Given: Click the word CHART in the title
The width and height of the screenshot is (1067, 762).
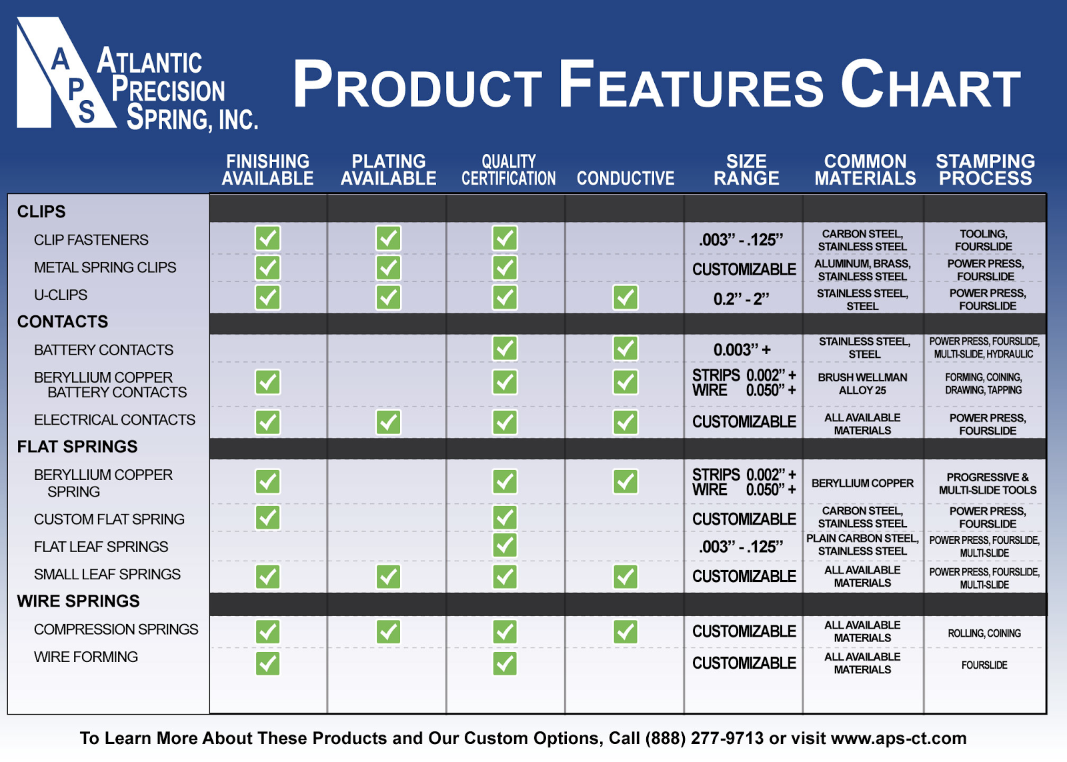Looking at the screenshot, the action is coord(930,84).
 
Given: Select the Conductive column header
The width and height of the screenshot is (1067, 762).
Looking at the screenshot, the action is coord(626,178).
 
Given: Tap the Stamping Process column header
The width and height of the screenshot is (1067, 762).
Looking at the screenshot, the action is coord(985,169).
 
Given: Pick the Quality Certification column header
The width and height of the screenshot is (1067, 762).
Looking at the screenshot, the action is coord(508,169).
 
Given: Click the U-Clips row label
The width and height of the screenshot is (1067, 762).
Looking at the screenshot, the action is coord(61,295).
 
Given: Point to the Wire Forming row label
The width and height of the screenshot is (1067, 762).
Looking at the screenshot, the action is coord(86,657).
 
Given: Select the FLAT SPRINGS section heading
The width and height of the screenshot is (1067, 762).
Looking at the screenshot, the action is coord(77,446).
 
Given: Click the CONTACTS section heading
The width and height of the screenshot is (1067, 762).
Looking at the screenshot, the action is coord(63,321).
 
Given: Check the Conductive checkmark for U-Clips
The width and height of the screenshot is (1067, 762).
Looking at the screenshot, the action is coord(625,297).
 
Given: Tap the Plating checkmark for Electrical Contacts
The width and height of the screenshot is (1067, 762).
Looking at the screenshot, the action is coord(388,422).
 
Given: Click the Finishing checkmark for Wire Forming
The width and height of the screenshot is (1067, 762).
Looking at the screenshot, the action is coord(267,663).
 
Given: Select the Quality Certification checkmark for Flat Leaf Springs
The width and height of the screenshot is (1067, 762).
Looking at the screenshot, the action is coord(504,545).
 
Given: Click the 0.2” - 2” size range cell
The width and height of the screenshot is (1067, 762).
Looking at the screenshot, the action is coord(741,299).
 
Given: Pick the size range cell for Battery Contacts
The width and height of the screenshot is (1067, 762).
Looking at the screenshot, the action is coord(742,350).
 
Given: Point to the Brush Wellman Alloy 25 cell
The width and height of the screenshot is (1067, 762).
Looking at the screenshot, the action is coord(863,384).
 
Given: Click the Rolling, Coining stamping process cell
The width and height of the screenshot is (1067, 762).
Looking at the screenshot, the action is coord(984,633).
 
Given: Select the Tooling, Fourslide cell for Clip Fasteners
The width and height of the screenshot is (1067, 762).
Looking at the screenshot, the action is coord(984,240).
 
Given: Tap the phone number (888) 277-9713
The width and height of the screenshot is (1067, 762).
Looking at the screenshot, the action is coord(704,738).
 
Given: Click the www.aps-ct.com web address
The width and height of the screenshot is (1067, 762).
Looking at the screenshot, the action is coord(899,738).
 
